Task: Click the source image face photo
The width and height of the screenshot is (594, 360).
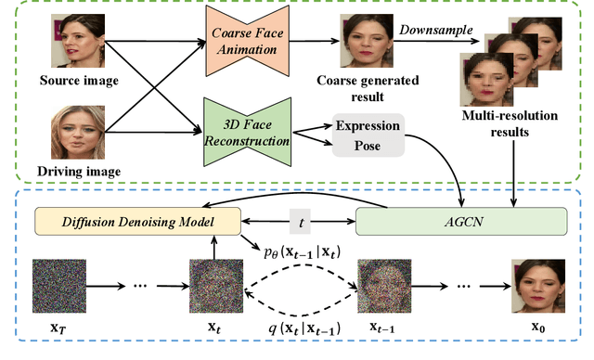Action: [x=78, y=40]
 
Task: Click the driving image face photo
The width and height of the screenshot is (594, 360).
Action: [x=78, y=133]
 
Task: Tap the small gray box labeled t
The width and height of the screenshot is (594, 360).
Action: [x=299, y=223]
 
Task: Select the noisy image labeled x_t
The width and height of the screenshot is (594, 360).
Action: [x=215, y=284]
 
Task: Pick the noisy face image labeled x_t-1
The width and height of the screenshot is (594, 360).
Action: [x=382, y=284]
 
